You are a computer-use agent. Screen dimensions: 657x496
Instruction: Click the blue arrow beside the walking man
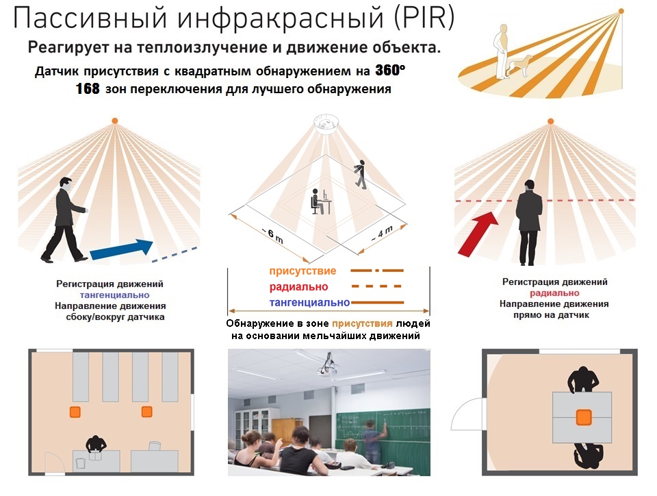[x=122, y=249]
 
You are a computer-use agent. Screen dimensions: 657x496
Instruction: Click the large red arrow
[x=478, y=234]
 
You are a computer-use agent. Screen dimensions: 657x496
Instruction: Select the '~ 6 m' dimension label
[x=273, y=236]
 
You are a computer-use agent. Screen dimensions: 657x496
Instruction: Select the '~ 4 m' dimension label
[x=382, y=233]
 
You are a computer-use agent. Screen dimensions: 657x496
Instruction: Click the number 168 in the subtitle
[x=88, y=89]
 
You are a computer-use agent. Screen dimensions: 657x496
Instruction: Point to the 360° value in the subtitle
[x=390, y=70]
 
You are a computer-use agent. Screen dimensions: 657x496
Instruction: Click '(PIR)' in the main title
[x=424, y=18]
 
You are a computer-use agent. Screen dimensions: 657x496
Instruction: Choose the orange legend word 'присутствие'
[x=302, y=271]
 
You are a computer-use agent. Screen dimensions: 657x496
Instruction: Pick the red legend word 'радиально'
[x=298, y=287]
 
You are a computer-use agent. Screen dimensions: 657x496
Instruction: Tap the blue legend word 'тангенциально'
[x=309, y=302]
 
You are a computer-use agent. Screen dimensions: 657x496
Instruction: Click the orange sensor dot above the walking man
[x=114, y=121]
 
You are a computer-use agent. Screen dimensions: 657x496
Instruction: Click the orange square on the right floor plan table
[x=583, y=417]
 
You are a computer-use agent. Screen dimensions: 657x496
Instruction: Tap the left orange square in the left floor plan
[x=75, y=412]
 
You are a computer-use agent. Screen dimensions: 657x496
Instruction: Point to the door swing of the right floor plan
[x=466, y=414]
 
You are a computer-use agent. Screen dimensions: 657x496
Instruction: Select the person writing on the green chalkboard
[x=372, y=441]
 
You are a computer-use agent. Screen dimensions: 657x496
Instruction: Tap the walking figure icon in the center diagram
[x=359, y=175]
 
